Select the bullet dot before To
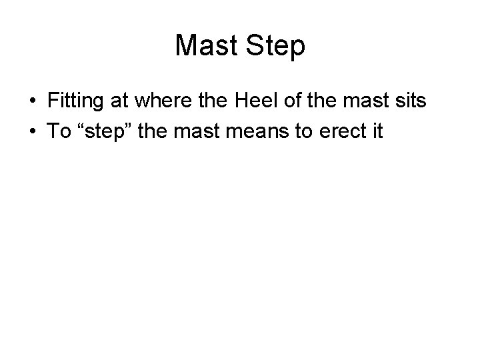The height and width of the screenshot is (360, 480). click(32, 131)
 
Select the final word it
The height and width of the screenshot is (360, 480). click(377, 131)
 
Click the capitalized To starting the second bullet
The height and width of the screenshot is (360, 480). click(59, 131)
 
